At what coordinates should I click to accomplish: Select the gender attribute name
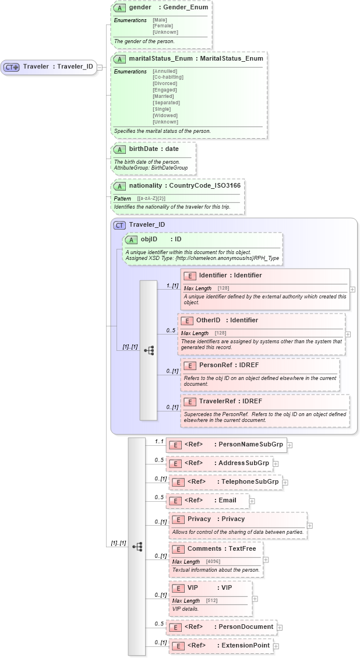[x=140, y=8]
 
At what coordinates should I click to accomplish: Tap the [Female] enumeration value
[x=162, y=26]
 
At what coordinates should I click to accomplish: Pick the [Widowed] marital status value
[x=164, y=115]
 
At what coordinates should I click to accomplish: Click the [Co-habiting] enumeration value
[x=168, y=77]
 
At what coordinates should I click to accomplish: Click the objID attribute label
[x=149, y=239]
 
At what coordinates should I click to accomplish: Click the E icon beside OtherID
[x=186, y=321]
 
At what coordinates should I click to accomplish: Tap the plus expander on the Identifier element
[x=352, y=289]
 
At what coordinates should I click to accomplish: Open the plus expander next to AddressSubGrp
[x=276, y=464]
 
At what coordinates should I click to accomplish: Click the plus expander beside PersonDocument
[x=280, y=628]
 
